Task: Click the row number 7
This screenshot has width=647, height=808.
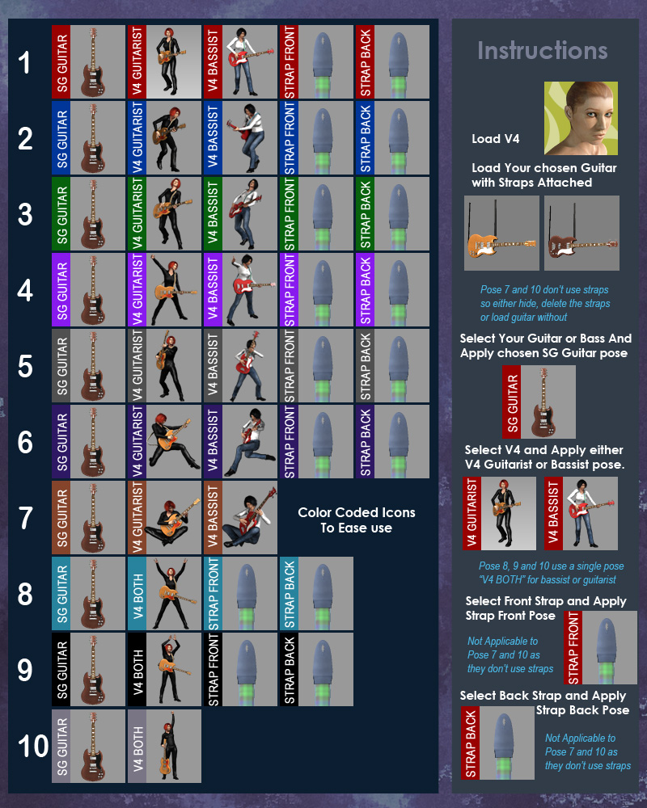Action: (x=25, y=518)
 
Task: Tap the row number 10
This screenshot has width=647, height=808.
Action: (x=33, y=746)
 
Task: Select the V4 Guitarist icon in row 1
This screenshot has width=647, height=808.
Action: (x=165, y=62)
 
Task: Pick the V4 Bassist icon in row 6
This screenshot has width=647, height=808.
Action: (x=240, y=442)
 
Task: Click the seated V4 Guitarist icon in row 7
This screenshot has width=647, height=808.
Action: (x=165, y=517)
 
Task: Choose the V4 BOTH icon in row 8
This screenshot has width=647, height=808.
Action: (x=165, y=593)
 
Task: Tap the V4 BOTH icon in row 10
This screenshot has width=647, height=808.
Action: (x=165, y=746)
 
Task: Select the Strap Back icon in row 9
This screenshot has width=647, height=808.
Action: (x=316, y=669)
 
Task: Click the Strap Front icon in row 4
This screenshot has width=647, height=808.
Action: (x=316, y=289)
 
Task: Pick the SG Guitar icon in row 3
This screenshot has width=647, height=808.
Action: (x=89, y=214)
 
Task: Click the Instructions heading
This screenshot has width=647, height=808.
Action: (x=542, y=50)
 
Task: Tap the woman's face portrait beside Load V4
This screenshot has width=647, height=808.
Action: (x=581, y=118)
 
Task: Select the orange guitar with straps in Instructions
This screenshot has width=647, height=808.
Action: (x=501, y=233)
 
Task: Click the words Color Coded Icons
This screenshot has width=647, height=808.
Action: (x=357, y=512)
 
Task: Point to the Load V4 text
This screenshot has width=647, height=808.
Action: (x=495, y=139)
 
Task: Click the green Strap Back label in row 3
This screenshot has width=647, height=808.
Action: (x=366, y=214)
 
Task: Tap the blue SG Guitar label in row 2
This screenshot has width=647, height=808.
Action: (x=61, y=137)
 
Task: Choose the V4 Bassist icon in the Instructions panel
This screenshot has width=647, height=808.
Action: (x=581, y=513)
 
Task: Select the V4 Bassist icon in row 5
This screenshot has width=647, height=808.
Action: (x=240, y=366)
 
